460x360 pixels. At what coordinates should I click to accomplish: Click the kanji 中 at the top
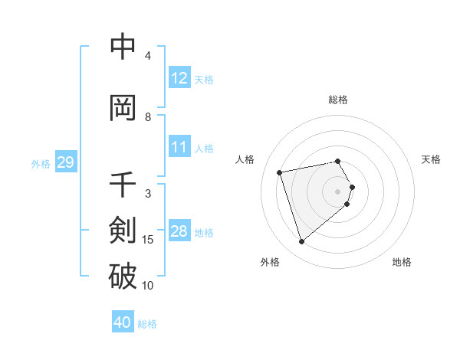click(123, 47)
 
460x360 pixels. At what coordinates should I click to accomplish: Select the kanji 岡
click(123, 108)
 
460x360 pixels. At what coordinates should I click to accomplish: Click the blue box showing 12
click(179, 78)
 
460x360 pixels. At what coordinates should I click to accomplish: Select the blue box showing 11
click(179, 147)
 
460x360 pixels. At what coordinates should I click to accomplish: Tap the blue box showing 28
click(179, 232)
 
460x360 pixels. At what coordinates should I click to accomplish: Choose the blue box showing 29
click(65, 163)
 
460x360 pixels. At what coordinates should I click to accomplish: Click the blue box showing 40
click(123, 322)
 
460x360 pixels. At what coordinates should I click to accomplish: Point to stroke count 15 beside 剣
click(148, 240)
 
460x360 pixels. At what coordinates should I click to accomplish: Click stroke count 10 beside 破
click(148, 286)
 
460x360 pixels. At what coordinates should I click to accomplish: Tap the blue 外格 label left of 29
click(41, 164)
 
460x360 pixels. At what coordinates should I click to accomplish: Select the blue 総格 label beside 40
click(147, 323)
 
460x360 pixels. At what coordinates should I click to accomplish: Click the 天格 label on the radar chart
click(431, 159)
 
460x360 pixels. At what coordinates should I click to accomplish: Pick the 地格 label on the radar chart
click(402, 262)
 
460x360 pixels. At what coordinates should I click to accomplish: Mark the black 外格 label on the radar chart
click(270, 262)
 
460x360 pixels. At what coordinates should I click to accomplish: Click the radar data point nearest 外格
click(301, 242)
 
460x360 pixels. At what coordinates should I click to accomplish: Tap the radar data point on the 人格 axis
click(280, 172)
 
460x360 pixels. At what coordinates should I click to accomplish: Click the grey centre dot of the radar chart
click(338, 191)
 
